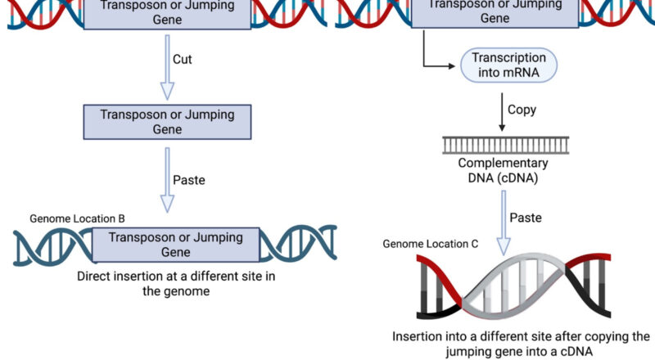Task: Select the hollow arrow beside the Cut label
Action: [x=167, y=66]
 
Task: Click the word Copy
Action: [x=522, y=110]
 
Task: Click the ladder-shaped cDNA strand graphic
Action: [x=501, y=145]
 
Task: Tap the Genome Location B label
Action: [x=77, y=218]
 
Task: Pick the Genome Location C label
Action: [x=430, y=244]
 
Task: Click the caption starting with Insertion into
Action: [x=521, y=344]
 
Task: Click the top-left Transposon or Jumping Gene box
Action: [x=167, y=12]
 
